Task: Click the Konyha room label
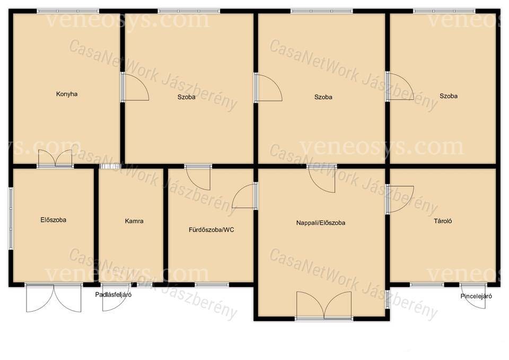tap(67, 94)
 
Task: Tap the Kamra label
tap(134, 221)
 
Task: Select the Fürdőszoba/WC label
tap(212, 230)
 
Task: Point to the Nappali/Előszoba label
tap(321, 223)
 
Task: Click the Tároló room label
tap(443, 221)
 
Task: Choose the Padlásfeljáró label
tap(113, 295)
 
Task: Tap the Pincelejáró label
tap(476, 296)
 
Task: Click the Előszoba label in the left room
tap(53, 220)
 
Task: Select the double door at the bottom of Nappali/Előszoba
tap(324, 305)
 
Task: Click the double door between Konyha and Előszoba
tap(55, 159)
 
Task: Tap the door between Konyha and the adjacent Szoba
tap(135, 86)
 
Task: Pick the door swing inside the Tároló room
tap(400, 199)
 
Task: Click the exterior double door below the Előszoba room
tap(54, 298)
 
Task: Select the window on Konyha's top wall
tap(68, 11)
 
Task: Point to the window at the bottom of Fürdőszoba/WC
tap(212, 285)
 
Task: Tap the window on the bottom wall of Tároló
tap(427, 285)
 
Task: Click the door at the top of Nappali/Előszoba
tap(322, 179)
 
